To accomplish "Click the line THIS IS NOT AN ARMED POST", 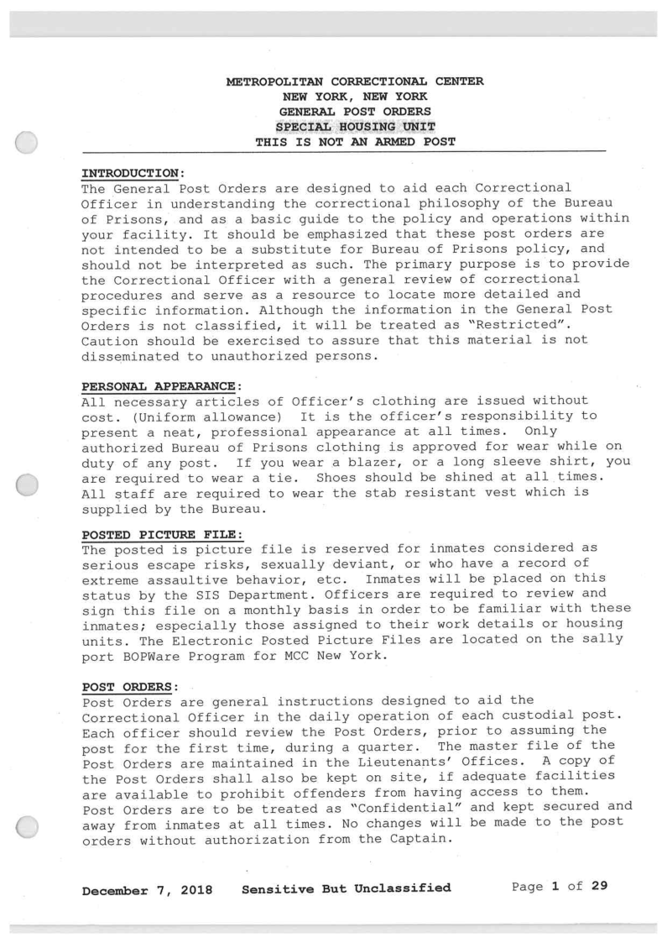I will (355, 142).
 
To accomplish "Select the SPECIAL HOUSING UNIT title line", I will (355, 127).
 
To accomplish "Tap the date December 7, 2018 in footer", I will (147, 887).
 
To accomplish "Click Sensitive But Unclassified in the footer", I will (346, 887).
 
